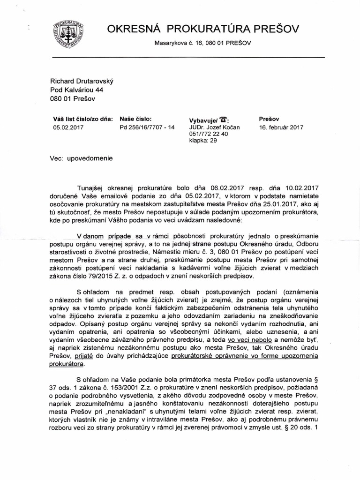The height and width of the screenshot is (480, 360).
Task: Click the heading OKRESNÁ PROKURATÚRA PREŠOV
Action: (x=202, y=30)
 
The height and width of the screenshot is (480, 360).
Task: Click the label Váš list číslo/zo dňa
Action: (x=83, y=119)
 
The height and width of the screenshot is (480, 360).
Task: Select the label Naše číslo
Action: (x=135, y=119)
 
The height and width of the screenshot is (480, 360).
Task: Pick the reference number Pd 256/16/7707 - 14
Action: (x=147, y=127)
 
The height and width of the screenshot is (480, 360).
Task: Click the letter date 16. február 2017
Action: (x=281, y=127)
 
